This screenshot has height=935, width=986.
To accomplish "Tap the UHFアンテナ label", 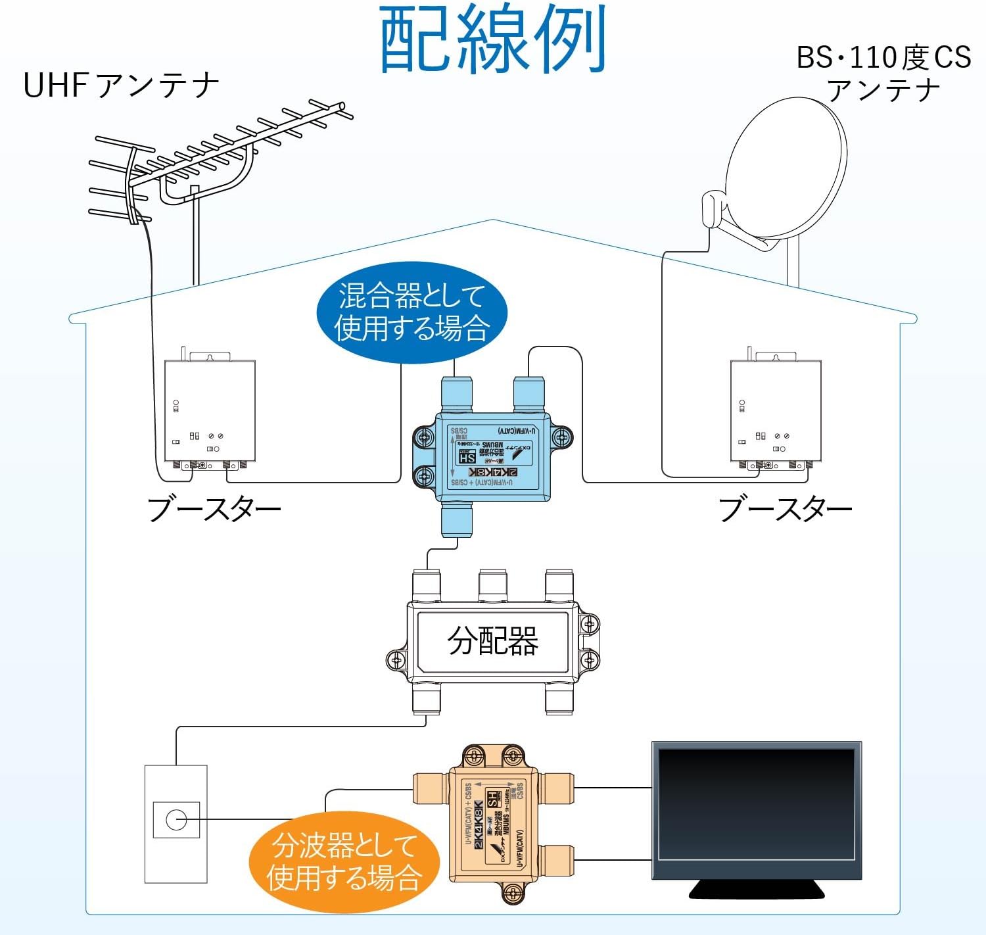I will tap(121, 85).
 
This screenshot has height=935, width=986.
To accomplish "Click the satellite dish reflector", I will tap(786, 168).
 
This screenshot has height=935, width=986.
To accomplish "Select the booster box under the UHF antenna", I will tap(210, 411).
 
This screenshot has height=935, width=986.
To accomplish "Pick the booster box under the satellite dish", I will tap(776, 411).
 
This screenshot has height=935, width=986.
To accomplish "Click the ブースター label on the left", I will tap(214, 509).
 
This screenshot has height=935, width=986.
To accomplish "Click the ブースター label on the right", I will tap(786, 509).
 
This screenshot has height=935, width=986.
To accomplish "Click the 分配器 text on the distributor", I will tap(493, 640).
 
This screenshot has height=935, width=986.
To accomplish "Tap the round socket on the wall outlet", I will tap(176, 820).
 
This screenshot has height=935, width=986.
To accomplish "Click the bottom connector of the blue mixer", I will tap(457, 520).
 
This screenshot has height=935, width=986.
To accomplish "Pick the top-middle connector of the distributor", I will tap(493, 585).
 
